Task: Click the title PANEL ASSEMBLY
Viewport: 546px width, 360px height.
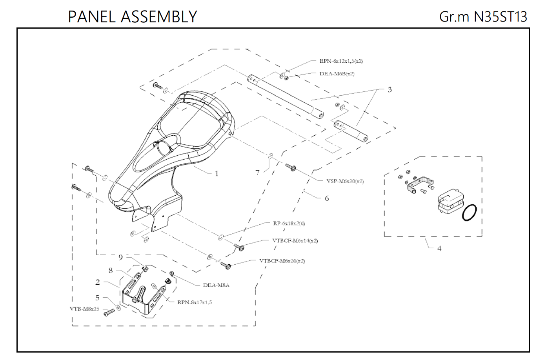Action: (x=132, y=16)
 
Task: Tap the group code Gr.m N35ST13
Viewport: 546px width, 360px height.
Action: (x=483, y=16)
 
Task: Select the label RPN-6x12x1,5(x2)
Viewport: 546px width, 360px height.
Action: (x=341, y=61)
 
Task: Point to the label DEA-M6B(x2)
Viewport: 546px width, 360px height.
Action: (x=337, y=74)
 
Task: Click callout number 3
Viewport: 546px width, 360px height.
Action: (x=389, y=89)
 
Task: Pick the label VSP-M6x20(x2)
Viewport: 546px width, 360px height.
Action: (x=345, y=181)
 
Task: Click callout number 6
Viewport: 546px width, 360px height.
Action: (x=327, y=198)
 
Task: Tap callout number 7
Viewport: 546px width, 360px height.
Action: (x=257, y=172)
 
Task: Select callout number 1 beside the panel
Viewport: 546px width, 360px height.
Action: (x=217, y=173)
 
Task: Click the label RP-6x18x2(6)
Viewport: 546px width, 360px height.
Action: (x=289, y=224)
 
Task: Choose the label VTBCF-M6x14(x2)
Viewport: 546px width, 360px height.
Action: (x=295, y=241)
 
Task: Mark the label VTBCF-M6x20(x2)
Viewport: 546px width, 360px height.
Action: (x=282, y=261)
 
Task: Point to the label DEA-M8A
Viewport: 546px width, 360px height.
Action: (x=216, y=285)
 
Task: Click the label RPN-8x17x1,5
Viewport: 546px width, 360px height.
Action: (x=195, y=302)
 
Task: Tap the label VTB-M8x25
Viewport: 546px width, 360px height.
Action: (x=84, y=309)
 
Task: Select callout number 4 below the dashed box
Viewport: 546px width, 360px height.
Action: (x=439, y=249)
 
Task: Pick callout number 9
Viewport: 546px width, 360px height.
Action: (x=121, y=257)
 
